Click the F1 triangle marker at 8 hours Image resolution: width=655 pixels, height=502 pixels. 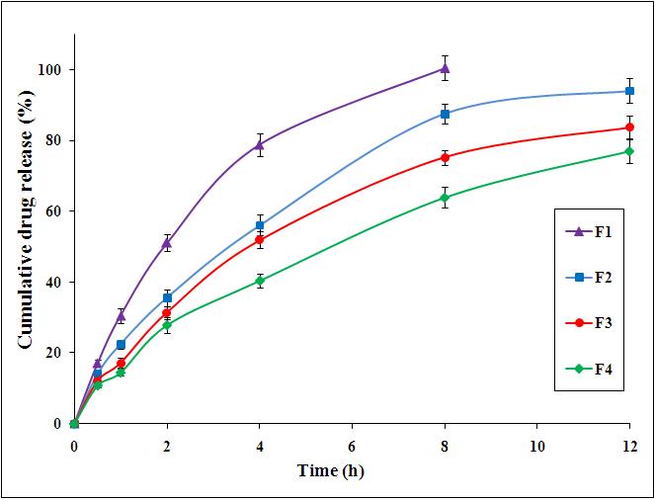click(x=445, y=68)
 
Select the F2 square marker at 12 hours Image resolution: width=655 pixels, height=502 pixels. click(x=629, y=91)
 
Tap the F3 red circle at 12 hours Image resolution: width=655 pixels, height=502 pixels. click(x=629, y=127)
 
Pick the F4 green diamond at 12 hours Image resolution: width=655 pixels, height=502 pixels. click(x=629, y=151)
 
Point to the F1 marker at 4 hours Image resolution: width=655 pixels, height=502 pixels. click(x=259, y=144)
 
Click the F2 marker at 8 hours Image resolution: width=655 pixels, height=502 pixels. click(x=445, y=114)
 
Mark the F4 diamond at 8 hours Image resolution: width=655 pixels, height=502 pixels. click(x=445, y=198)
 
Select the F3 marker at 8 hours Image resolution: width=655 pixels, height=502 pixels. click(x=445, y=157)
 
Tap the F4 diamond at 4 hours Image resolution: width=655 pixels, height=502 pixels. click(x=259, y=281)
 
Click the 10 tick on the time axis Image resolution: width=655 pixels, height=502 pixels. click(x=536, y=444)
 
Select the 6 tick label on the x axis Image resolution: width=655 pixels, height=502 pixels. click(x=352, y=444)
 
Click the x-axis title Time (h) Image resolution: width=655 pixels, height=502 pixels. click(x=331, y=471)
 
